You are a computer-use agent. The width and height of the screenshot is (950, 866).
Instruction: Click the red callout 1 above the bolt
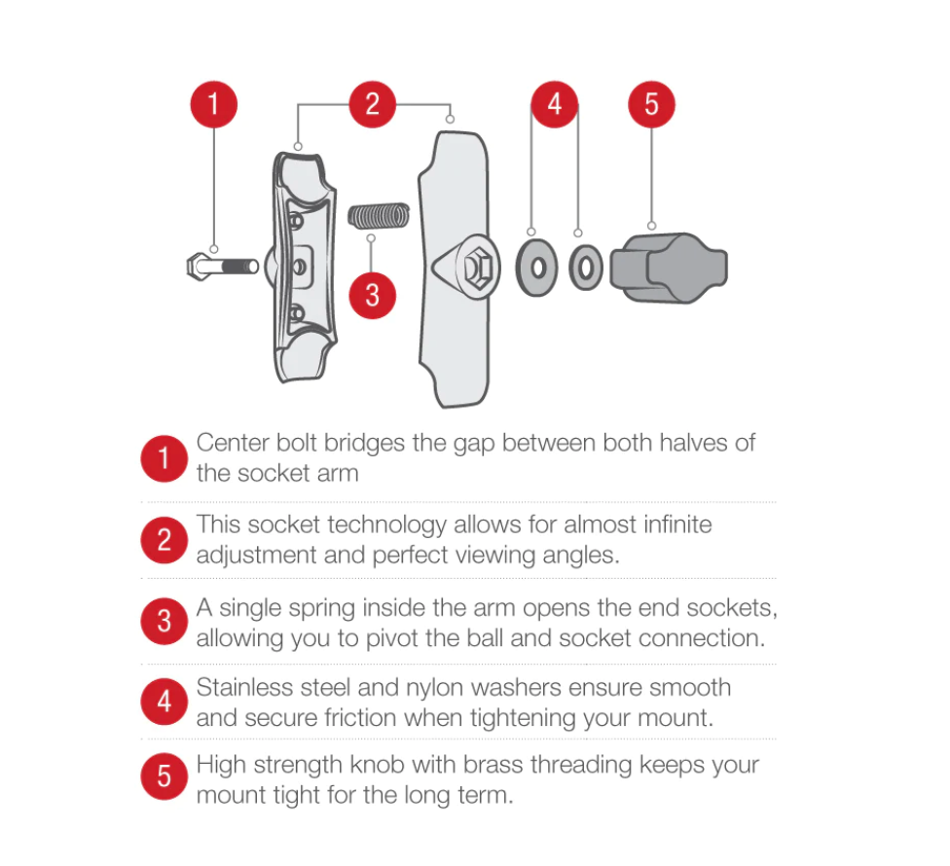[213, 104]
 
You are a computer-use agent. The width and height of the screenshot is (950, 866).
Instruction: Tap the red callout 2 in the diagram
[372, 104]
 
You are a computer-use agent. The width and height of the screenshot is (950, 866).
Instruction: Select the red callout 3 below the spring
[372, 296]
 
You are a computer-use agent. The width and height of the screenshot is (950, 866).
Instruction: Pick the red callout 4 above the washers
[555, 104]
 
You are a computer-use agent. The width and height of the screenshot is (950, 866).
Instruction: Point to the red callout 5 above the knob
[651, 104]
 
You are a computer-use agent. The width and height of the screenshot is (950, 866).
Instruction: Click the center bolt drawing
[222, 267]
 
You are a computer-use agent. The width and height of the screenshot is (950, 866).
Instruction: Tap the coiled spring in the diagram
[379, 216]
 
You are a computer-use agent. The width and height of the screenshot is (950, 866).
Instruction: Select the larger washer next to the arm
[536, 268]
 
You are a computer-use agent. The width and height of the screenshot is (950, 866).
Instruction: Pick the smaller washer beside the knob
[585, 268]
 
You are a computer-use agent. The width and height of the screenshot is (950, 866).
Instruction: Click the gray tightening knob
[669, 268]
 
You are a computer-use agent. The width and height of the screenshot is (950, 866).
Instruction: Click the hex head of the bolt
[197, 267]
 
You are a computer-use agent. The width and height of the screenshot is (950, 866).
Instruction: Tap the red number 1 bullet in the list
[164, 458]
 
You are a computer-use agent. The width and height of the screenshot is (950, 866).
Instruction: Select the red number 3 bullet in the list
[164, 622]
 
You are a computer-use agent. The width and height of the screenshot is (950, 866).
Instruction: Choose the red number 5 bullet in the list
[164, 776]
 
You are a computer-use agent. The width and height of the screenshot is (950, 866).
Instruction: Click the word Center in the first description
[233, 444]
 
